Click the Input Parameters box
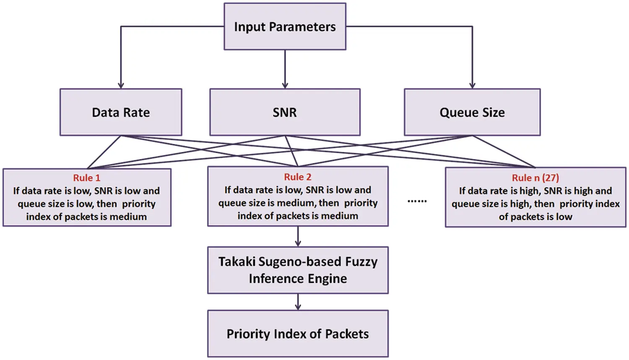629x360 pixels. click(x=285, y=26)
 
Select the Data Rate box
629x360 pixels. click(x=121, y=112)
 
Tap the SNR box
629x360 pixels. click(x=285, y=112)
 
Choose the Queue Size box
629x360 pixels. click(x=472, y=112)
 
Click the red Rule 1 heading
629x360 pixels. click(x=87, y=178)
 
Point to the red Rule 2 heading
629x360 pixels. click(x=298, y=177)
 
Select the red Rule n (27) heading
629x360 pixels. click(x=535, y=178)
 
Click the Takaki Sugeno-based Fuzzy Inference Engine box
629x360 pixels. click(x=298, y=270)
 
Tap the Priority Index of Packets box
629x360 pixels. click(x=298, y=334)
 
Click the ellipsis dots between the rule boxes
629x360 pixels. click(x=417, y=201)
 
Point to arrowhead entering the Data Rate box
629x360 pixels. click(x=121, y=85)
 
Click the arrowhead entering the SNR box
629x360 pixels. click(x=285, y=85)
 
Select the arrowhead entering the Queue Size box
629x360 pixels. click(x=472, y=85)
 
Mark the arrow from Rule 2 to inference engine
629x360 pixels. click(x=298, y=237)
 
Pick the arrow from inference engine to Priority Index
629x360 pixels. click(x=298, y=302)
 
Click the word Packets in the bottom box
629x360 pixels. click(x=347, y=334)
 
